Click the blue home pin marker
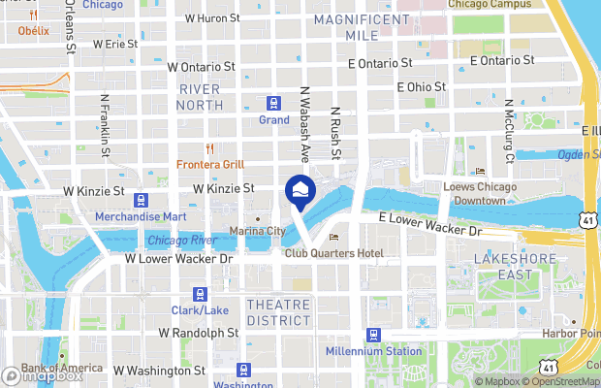click(x=300, y=189)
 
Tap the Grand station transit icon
click(x=274, y=104)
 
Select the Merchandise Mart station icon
click(x=141, y=200)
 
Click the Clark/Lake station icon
click(x=201, y=294)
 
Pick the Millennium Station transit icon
click(x=373, y=335)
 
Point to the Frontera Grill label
click(x=209, y=164)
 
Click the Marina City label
click(x=257, y=231)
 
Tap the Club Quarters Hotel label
click(x=333, y=253)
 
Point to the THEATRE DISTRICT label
click(x=278, y=312)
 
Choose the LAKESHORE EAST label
click(x=515, y=266)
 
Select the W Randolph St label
click(x=198, y=333)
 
